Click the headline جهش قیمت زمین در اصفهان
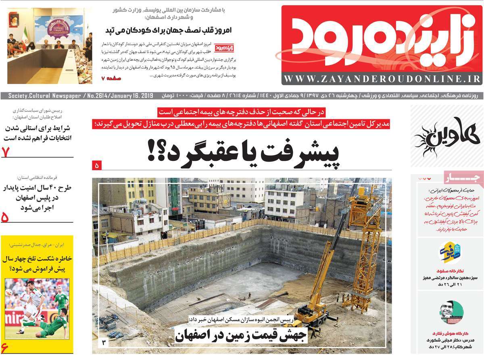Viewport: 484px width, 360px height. click(241, 334)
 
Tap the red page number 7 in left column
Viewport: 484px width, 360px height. click(6, 152)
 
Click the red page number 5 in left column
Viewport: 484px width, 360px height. click(6, 217)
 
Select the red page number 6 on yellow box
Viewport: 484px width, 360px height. click(5, 347)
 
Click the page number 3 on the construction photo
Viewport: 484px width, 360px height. click(104, 343)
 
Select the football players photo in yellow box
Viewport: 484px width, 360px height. click(37, 308)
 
